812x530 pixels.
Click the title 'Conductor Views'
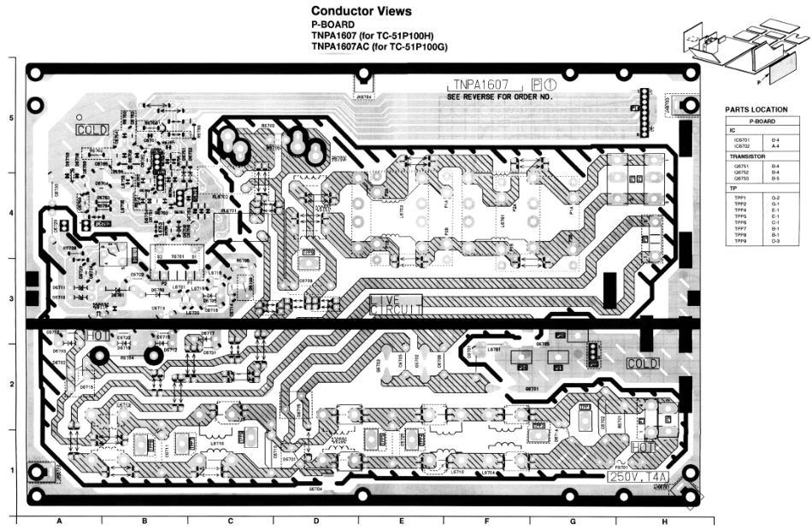[x=362, y=11]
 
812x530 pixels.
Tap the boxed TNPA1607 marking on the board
[x=481, y=85]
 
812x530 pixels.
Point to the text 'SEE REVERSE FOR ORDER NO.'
[x=500, y=97]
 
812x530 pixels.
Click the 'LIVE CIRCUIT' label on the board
[x=397, y=303]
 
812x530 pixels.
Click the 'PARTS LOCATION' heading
[x=756, y=110]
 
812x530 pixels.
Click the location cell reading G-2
[x=776, y=197]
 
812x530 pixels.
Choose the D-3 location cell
[x=776, y=242]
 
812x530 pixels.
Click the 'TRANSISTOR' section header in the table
[x=746, y=157]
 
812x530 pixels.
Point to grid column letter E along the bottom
[x=401, y=521]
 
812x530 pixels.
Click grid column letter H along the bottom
[x=663, y=521]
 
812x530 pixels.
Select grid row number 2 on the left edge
[x=11, y=384]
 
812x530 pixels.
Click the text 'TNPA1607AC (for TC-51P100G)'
[x=380, y=47]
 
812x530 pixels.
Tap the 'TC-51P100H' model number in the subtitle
[x=406, y=36]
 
